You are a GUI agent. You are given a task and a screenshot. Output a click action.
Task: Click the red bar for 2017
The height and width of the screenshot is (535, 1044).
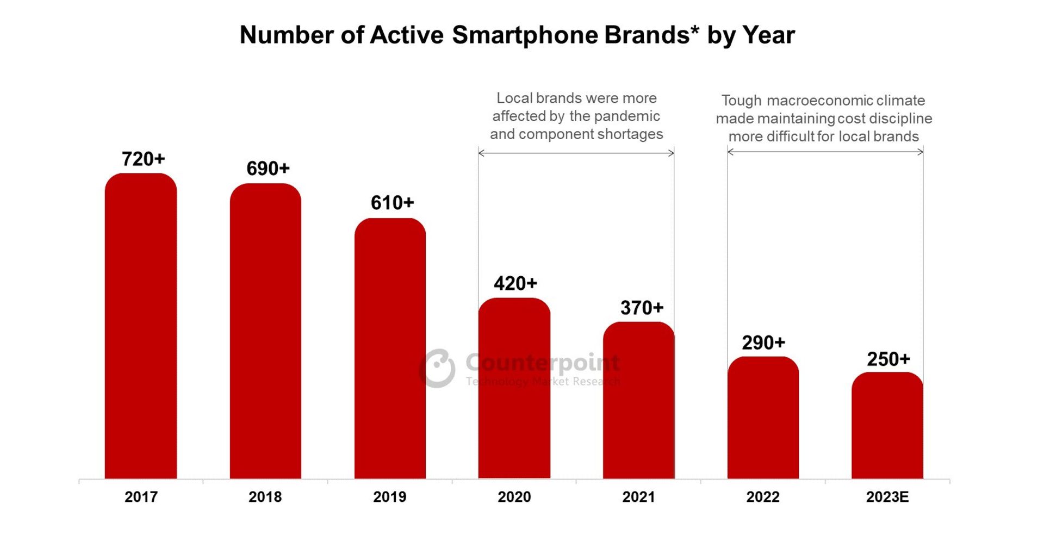click(x=141, y=326)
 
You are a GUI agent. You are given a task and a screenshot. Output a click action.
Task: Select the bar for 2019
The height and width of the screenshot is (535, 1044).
click(x=390, y=348)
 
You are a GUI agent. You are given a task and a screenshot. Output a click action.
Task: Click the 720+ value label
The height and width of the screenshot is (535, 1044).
click(x=143, y=159)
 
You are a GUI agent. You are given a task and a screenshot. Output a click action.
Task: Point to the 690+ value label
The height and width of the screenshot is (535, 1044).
click(x=268, y=169)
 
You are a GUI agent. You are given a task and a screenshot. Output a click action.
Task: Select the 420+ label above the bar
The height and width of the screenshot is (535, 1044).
click(x=515, y=283)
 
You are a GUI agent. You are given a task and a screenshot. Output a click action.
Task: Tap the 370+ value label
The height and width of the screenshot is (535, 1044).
click(x=642, y=308)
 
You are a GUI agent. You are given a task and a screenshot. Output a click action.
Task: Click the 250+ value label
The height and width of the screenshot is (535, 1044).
click(x=888, y=359)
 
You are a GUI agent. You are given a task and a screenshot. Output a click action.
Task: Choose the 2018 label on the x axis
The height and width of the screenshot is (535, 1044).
click(x=265, y=497)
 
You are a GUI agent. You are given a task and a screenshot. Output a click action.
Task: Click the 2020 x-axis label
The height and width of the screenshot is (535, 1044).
click(x=514, y=497)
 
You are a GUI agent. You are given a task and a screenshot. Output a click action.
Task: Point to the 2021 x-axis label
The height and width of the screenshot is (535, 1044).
click(x=638, y=497)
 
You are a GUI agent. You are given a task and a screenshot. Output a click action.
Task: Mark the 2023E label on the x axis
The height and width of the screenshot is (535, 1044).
click(x=887, y=497)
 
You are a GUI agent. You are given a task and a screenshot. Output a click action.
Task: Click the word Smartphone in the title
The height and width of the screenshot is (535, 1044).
click(x=525, y=35)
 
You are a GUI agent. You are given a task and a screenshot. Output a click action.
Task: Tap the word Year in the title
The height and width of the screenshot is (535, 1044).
click(x=768, y=35)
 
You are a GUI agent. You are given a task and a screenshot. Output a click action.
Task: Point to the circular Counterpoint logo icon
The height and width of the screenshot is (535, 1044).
click(x=438, y=368)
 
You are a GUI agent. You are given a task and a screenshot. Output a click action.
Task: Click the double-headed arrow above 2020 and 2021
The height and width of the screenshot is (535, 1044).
click(x=576, y=153)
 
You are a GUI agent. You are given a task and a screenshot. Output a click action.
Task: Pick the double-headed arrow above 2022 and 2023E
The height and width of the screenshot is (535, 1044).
click(x=825, y=152)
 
